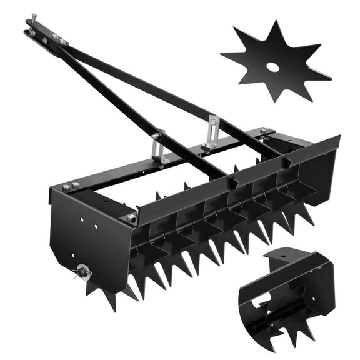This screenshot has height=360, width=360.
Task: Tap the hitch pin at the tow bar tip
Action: click(x=29, y=24)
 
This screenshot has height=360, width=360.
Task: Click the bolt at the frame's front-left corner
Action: click(x=131, y=217)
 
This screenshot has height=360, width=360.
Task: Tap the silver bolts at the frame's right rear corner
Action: click(x=265, y=131)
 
